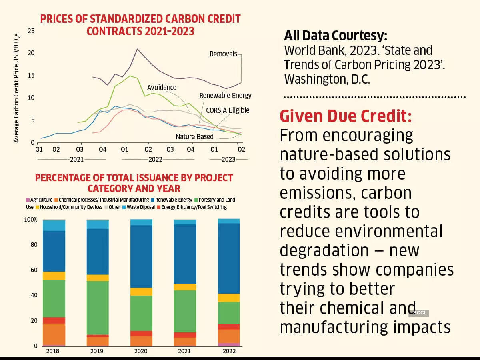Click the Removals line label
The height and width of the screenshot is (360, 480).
coord(223,54)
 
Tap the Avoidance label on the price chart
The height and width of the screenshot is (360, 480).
coord(162,87)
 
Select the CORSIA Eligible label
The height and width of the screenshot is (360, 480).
coord(228,110)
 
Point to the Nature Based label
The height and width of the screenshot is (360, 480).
coord(194,137)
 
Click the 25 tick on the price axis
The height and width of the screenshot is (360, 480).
coord(31,31)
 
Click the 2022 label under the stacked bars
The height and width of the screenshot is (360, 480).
coord(228,351)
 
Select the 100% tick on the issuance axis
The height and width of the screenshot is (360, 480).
coord(31,220)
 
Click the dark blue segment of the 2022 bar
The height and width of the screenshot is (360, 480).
coord(228,258)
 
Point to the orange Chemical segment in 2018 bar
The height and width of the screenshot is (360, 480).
coord(54,334)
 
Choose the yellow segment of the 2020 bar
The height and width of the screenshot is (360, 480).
coord(141,292)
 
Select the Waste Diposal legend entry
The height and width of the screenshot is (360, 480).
coord(138,207)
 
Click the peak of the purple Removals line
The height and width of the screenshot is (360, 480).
coord(137,49)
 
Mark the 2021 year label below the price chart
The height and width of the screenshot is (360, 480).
coord(77,159)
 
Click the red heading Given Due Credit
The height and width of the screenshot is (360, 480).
coord(346,116)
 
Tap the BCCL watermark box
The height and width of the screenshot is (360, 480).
coord(418,313)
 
